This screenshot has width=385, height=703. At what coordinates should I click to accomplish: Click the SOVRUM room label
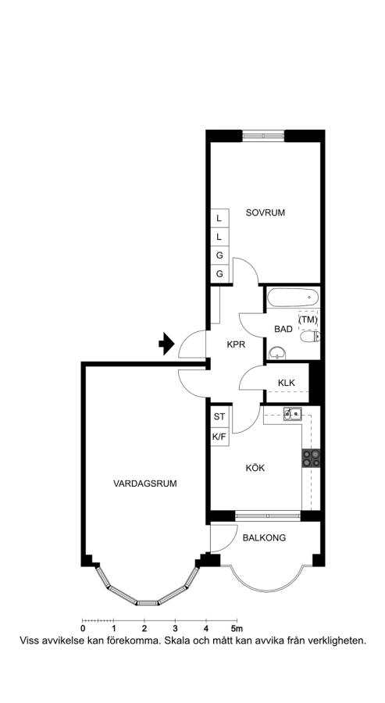(266, 212)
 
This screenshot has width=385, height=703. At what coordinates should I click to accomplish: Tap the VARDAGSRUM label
(144, 484)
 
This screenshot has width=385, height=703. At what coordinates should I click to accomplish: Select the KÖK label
(255, 468)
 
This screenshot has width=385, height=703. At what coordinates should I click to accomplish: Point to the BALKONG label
(264, 538)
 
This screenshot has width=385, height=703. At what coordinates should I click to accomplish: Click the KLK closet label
(287, 383)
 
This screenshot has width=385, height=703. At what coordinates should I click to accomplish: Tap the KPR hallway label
(236, 344)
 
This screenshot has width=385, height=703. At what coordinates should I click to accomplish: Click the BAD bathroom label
(283, 329)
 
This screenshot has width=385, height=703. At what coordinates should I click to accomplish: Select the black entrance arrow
(166, 344)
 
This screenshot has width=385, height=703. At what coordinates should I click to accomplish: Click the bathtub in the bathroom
(293, 298)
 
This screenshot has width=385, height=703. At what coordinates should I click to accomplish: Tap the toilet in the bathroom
(310, 336)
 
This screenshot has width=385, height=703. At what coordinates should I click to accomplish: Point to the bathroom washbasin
(277, 353)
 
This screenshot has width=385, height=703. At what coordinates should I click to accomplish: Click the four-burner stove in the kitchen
(311, 459)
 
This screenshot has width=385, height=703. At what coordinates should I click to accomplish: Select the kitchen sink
(292, 413)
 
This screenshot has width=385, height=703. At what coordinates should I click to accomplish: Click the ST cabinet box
(219, 416)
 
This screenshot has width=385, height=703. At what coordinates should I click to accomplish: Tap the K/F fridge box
(219, 436)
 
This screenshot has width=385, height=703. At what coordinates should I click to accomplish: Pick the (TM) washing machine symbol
(308, 319)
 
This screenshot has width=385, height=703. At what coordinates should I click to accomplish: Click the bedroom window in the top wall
(263, 135)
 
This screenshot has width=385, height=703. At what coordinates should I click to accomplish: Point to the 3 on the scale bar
(175, 628)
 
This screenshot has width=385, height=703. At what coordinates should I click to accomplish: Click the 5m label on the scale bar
(237, 628)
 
